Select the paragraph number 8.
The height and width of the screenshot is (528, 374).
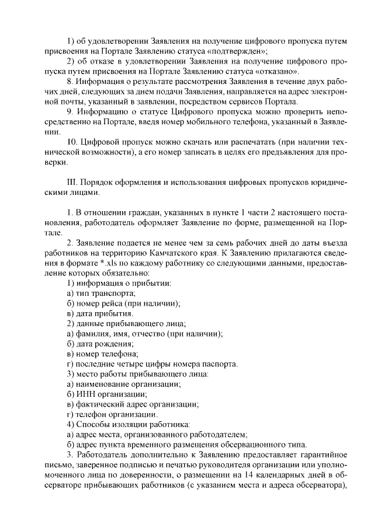click(x=70, y=82)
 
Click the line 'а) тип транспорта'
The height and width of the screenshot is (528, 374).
click(x=101, y=293)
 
